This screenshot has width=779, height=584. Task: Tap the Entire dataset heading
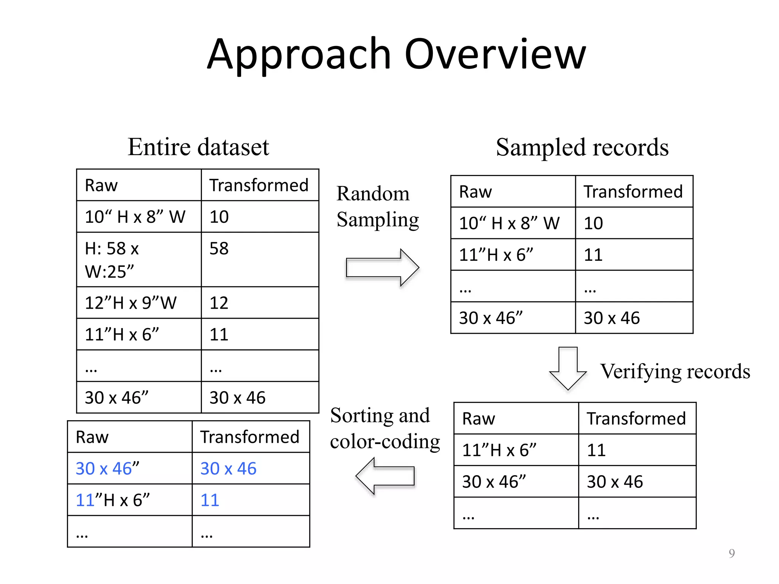click(198, 147)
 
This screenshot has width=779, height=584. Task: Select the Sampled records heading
click(582, 148)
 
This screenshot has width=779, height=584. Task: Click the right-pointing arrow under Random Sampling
click(382, 268)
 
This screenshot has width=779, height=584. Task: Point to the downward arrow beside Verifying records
click(568, 368)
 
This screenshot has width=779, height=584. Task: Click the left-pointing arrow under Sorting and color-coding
click(385, 476)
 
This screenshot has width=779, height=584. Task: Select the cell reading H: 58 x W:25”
click(112, 260)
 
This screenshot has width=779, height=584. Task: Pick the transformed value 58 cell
click(219, 249)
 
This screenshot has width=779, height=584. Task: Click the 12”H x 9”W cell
click(130, 303)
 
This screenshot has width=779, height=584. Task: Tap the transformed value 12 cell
click(219, 303)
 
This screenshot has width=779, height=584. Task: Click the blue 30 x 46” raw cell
click(108, 468)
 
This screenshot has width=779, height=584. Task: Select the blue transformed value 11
click(210, 500)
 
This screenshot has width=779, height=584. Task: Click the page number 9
click(731, 553)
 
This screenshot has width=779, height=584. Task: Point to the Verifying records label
click(675, 371)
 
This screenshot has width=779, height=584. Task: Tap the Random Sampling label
click(377, 206)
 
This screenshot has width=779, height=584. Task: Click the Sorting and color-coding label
click(385, 428)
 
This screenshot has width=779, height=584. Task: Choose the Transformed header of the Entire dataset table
click(259, 185)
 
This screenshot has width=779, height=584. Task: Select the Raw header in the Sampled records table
click(475, 192)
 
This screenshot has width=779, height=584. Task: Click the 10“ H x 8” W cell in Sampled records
click(509, 223)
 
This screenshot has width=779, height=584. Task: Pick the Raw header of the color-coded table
click(92, 437)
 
